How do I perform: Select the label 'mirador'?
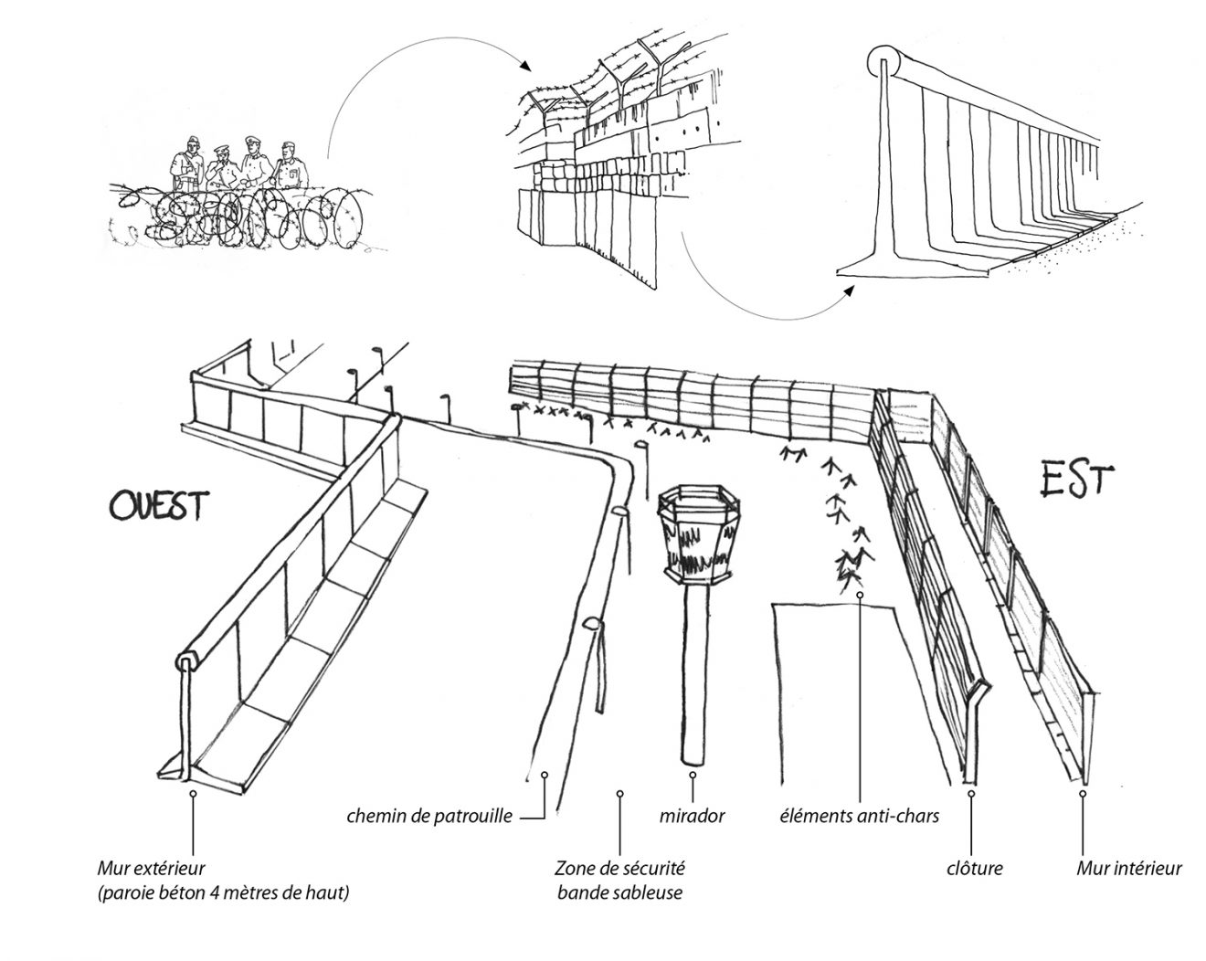pyautogui.click(x=693, y=816)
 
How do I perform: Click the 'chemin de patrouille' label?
pyautogui.click(x=429, y=816)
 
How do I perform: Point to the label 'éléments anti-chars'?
pyautogui.click(x=859, y=816)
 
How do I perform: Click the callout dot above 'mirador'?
pyautogui.click(x=693, y=776)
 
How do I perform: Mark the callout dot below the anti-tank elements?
pyautogui.click(x=860, y=595)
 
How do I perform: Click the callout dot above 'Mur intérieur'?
pyautogui.click(x=1083, y=795)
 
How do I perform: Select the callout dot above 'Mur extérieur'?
pyautogui.click(x=193, y=795)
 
